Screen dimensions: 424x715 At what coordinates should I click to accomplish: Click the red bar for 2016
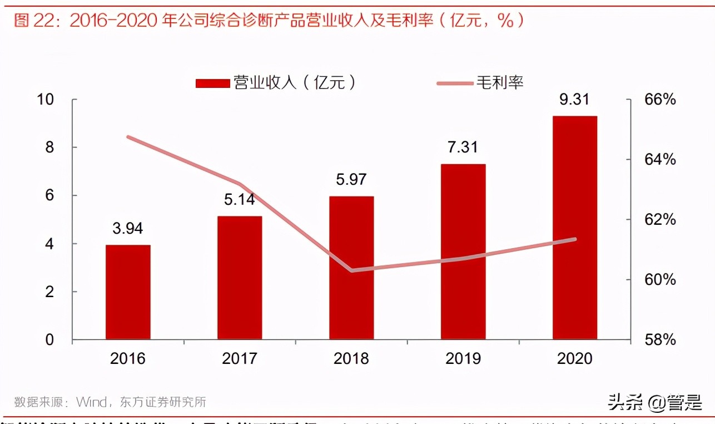128,292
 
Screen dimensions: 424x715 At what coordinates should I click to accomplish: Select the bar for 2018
351,268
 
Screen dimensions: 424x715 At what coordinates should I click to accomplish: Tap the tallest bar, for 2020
575,228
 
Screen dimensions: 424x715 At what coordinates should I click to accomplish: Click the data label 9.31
574,100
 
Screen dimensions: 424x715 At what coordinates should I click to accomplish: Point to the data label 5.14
239,199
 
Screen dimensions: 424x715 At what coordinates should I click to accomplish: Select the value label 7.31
463,147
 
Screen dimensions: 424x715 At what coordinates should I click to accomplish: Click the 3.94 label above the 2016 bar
128,228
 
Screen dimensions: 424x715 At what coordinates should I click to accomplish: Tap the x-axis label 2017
239,358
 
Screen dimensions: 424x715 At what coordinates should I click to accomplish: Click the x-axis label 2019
463,358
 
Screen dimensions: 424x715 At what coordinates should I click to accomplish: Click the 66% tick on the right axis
660,100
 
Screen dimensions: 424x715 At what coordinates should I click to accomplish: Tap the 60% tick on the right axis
660,279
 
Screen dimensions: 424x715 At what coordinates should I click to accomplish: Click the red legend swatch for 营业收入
212,83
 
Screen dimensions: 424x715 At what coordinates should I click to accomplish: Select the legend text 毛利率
500,83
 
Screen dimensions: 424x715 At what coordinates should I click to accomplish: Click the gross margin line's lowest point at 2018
351,270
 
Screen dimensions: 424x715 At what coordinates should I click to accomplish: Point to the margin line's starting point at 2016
128,137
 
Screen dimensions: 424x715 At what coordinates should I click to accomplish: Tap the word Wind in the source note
94,402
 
